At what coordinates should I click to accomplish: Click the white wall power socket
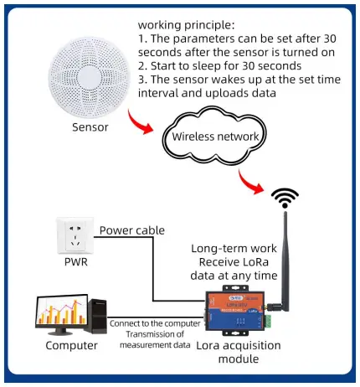point(73,238)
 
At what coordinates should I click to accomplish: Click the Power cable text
point(131,231)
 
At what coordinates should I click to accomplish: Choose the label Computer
point(71,344)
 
